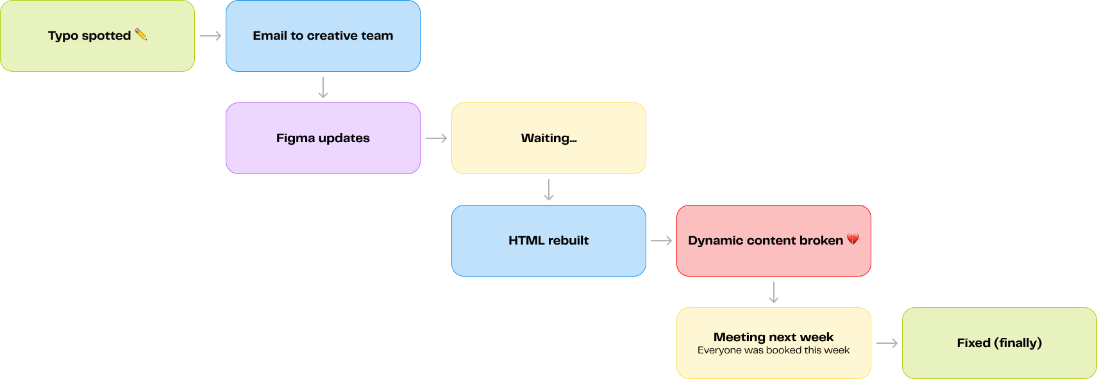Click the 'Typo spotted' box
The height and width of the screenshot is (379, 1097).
pyautogui.click(x=97, y=36)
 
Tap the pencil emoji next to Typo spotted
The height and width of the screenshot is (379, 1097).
pyautogui.click(x=140, y=34)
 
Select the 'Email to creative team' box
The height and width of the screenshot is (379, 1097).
pyautogui.click(x=322, y=36)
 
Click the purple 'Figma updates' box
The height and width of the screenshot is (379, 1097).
pyautogui.click(x=322, y=138)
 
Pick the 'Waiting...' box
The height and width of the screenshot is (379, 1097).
pyautogui.click(x=549, y=138)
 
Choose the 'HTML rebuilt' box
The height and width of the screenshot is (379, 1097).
pyautogui.click(x=549, y=241)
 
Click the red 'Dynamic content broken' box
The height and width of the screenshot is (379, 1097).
pyautogui.click(x=774, y=241)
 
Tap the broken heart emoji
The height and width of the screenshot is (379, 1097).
pyautogui.click(x=853, y=239)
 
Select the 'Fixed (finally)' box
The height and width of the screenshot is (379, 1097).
pyautogui.click(x=999, y=343)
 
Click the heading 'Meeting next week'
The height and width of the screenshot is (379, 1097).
pyautogui.click(x=773, y=337)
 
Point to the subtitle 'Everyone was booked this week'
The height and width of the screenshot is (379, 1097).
pyautogui.click(x=773, y=350)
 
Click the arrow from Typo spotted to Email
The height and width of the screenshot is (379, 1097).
pyautogui.click(x=210, y=36)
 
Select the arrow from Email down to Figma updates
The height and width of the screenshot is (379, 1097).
pyautogui.click(x=322, y=87)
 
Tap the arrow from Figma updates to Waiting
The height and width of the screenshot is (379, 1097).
pyautogui.click(x=436, y=138)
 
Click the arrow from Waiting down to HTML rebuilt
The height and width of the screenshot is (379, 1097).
pyautogui.click(x=549, y=189)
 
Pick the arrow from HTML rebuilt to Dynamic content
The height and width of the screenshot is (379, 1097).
pyautogui.click(x=661, y=241)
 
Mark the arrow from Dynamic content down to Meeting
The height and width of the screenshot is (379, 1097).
pyautogui.click(x=774, y=292)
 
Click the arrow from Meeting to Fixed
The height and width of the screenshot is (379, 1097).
pyautogui.click(x=887, y=343)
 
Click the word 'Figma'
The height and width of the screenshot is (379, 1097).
pyautogui.click(x=295, y=138)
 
